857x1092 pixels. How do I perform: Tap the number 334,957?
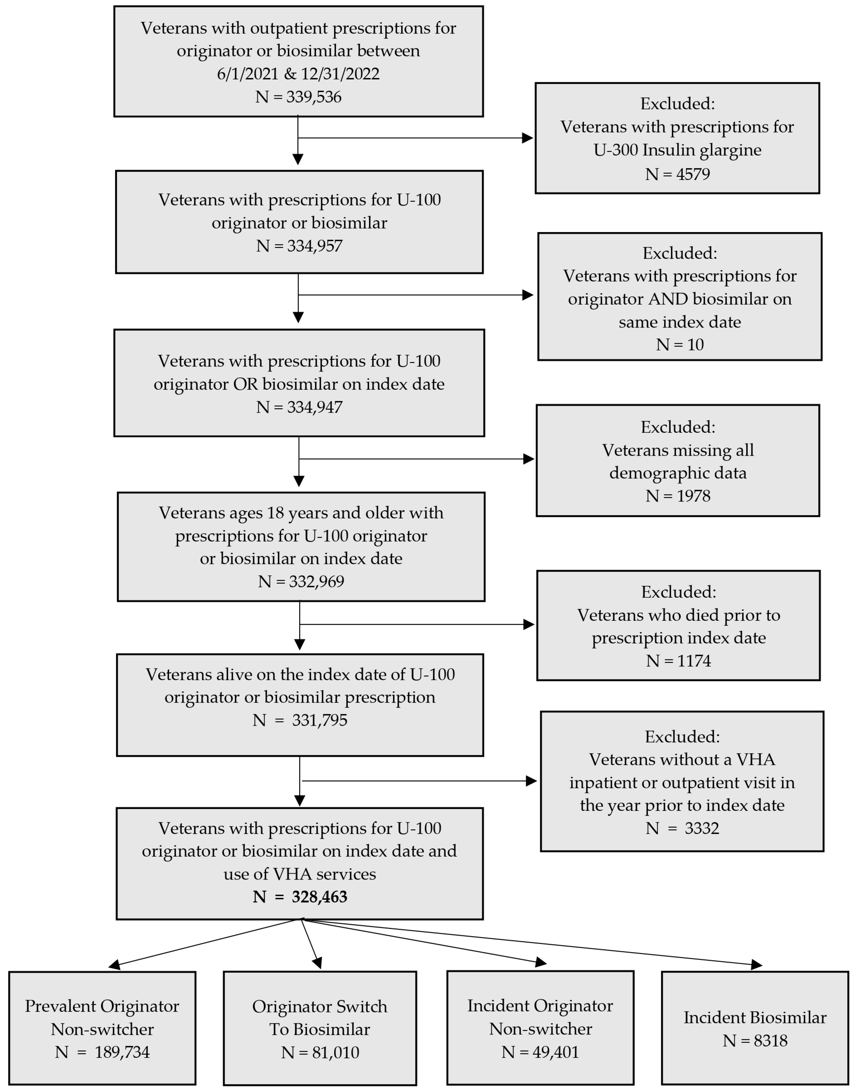click(x=314, y=246)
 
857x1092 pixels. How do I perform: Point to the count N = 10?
click(x=680, y=345)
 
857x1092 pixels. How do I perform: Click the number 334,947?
click(x=314, y=407)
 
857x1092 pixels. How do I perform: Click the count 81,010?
click(x=335, y=1052)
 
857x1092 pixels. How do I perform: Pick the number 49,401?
click(x=555, y=1052)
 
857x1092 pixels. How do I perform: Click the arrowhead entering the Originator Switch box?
click(x=317, y=962)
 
